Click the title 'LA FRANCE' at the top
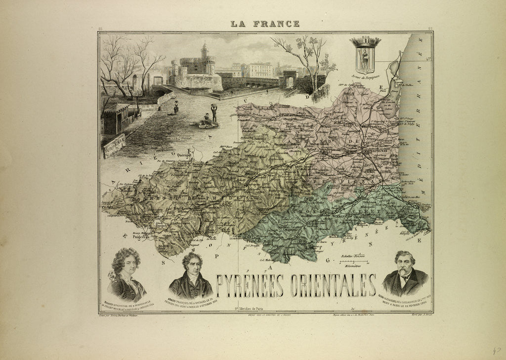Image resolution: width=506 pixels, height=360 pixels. pos(265,24)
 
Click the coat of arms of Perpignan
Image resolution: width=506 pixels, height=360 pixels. pos(365,54)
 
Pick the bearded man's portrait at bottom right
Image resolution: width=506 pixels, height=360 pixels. pos(405,274)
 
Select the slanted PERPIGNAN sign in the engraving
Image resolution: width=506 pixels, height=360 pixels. pos(114,145)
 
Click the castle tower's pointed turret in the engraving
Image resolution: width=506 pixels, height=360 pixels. pos(204,49)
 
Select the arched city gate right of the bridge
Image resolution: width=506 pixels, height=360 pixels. pos(290,79)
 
